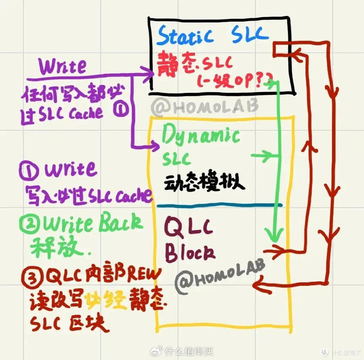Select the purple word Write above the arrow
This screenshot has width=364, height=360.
pyautogui.click(x=62, y=66)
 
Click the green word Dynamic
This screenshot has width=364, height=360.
pyautogui.click(x=201, y=137)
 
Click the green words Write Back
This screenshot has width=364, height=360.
pyautogui.click(x=88, y=223)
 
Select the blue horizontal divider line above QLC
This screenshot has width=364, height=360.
pyautogui.click(x=218, y=205)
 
